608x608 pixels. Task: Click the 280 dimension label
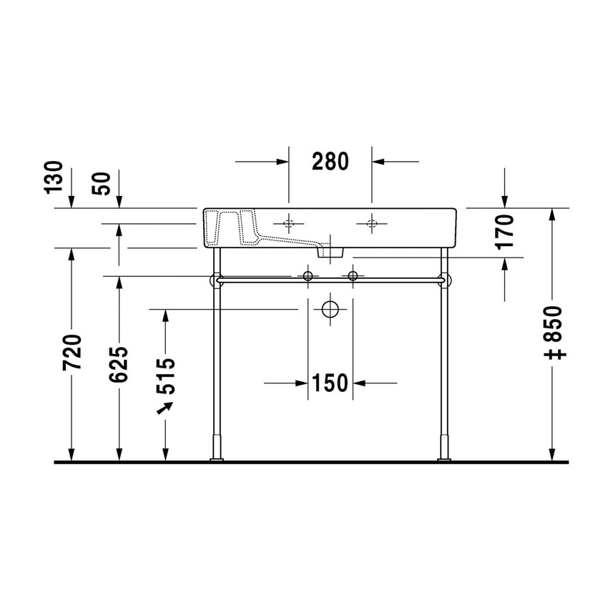[x=330, y=162]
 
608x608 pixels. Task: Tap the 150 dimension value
[x=330, y=383]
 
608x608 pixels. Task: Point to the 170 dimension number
[x=505, y=230]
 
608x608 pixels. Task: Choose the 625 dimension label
[x=119, y=363]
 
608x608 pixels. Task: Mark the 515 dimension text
[x=166, y=376]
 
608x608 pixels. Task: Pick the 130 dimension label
[x=54, y=178]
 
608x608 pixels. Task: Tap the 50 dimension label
[x=102, y=183]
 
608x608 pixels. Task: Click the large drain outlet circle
[x=330, y=310]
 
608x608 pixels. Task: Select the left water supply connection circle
[x=308, y=276]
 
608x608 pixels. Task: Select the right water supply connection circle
[x=352, y=276]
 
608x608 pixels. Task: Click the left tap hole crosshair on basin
[x=288, y=224]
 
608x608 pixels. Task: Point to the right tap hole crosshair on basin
[x=371, y=224]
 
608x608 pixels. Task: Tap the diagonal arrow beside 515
[x=166, y=408]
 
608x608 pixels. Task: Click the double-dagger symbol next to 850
[x=555, y=353]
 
